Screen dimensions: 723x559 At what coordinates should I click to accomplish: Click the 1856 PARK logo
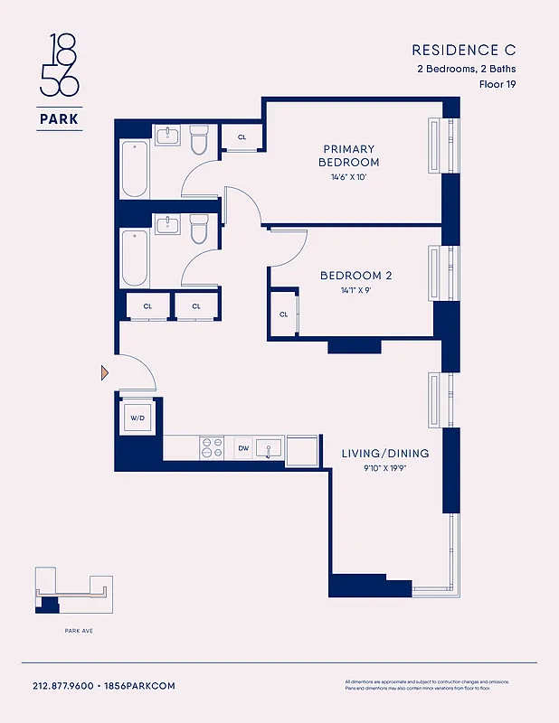coord(60,81)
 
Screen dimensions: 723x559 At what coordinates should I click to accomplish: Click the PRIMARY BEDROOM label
coord(348,155)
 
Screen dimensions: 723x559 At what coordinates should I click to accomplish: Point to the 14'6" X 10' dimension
coord(348,177)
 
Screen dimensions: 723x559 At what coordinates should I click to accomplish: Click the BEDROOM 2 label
coord(355,275)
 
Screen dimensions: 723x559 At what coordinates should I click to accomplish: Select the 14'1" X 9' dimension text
coord(355,291)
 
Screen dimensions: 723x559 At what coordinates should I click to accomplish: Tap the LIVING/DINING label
coord(384,453)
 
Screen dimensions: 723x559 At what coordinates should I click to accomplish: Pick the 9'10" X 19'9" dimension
coord(384,468)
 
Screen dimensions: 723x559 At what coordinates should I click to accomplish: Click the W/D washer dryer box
coord(137,418)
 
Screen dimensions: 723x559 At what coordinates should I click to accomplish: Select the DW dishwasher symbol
coord(243,447)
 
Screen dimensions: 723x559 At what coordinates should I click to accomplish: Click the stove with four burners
coord(212,447)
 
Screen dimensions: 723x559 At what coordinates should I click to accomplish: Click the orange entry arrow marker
coord(105,371)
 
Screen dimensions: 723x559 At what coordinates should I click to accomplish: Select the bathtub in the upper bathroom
coord(135,168)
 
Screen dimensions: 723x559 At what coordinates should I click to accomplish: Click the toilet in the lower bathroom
coord(199,231)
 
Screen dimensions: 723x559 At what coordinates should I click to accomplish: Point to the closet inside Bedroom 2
coord(283,314)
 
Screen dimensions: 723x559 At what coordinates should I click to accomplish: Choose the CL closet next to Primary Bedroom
coord(242,137)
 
